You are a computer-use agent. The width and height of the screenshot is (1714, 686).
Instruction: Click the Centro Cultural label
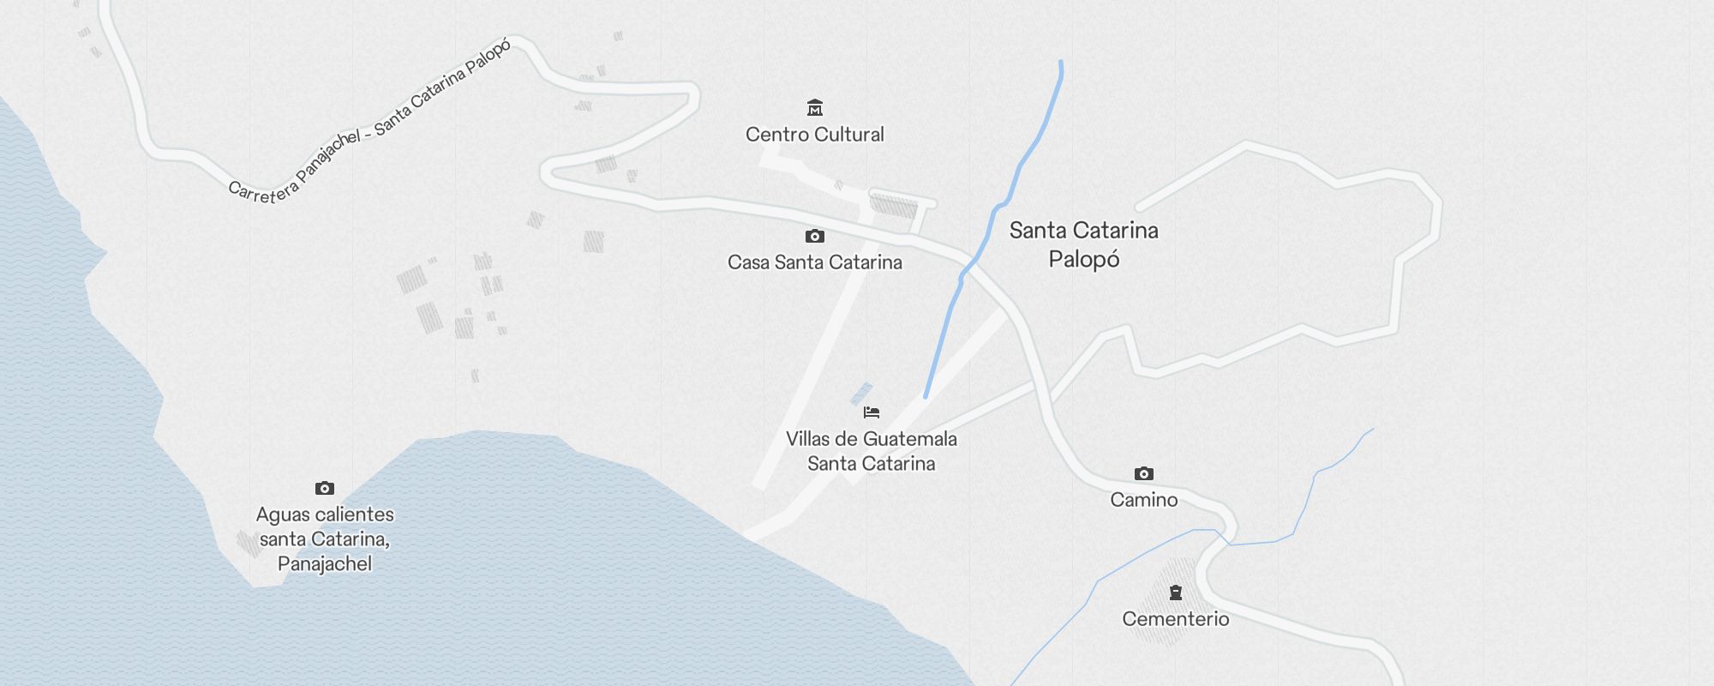(814, 135)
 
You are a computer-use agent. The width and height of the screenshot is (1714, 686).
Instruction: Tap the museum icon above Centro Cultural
(815, 108)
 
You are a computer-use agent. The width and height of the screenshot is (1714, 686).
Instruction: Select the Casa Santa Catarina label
(814, 262)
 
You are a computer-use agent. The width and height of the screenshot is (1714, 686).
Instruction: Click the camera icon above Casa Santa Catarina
(815, 237)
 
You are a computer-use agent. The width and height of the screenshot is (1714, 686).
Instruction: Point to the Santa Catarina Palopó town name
(1083, 244)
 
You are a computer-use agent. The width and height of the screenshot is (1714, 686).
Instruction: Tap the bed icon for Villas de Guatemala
(872, 412)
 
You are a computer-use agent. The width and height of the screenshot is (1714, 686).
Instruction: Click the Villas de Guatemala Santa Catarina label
(871, 451)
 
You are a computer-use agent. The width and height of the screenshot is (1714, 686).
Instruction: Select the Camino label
(1143, 500)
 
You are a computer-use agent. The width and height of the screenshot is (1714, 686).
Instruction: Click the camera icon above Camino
(1144, 474)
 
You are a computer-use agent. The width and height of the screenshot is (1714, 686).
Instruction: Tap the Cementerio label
(1175, 619)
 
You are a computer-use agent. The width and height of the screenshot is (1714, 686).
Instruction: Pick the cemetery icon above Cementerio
(1176, 593)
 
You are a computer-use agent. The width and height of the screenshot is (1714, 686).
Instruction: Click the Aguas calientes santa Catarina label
(325, 539)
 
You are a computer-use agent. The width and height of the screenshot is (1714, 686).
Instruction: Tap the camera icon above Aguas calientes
(325, 489)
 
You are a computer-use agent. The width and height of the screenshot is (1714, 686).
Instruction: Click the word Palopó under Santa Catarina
(1083, 259)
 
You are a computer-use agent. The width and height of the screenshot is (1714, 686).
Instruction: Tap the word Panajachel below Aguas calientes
(325, 563)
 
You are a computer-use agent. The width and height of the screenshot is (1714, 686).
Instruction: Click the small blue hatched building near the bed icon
(860, 394)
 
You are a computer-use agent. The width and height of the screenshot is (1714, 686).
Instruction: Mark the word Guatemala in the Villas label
(910, 439)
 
